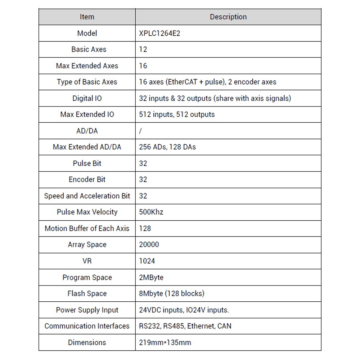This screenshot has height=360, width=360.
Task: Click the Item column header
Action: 87,17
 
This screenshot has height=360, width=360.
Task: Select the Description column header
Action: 228,17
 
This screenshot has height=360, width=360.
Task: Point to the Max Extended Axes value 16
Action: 143,66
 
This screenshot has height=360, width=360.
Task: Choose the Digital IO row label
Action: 87,98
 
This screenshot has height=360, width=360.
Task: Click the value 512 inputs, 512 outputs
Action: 177,114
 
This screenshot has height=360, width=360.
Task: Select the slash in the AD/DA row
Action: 140,131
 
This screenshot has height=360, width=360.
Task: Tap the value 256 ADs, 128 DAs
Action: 167,147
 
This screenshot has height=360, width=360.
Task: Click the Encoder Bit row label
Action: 87,180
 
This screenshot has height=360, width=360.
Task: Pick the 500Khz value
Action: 151,212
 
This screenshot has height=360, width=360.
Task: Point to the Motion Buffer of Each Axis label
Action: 87,228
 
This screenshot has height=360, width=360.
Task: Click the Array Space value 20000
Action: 149,244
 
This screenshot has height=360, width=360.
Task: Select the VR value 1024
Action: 147,261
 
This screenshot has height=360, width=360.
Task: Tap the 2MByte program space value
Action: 151,278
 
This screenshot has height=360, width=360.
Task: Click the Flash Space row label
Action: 87,294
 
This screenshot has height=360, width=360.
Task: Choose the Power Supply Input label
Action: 87,310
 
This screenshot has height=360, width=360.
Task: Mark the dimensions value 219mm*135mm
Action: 165,343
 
